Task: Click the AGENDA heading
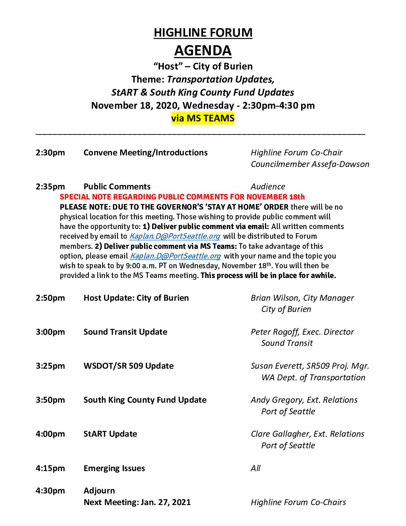(203, 50)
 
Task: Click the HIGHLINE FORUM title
(203, 33)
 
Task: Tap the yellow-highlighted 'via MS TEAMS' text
(203, 118)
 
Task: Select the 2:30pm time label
(50, 153)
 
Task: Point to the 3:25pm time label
(50, 366)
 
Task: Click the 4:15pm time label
(50, 468)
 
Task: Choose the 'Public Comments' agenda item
(117, 187)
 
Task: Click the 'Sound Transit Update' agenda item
(125, 332)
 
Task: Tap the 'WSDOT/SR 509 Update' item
(128, 366)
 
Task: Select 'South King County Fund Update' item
(145, 400)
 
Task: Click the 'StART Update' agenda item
(110, 434)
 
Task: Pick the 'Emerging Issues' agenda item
(114, 468)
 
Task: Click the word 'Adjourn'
(99, 491)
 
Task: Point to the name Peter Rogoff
(275, 332)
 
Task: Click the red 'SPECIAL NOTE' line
(182, 197)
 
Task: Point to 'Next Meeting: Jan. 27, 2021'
(137, 502)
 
